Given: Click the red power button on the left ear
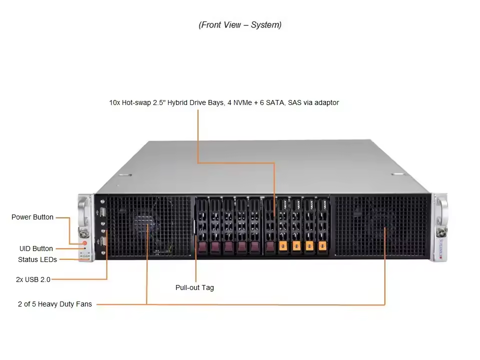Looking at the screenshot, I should point(84,243).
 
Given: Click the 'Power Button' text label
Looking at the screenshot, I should point(32,217).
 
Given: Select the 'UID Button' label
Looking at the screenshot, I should point(36,248).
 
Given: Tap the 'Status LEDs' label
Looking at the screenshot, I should point(37,259).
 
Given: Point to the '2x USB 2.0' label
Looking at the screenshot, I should point(33,279).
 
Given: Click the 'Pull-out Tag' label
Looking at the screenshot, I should point(194,287).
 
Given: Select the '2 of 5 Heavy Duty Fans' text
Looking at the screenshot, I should point(55,304).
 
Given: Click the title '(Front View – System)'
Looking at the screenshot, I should point(240,25).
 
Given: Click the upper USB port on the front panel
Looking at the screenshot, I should point(103,212).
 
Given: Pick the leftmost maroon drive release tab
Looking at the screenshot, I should point(202,246).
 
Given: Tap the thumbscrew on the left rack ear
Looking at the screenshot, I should point(83,232).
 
